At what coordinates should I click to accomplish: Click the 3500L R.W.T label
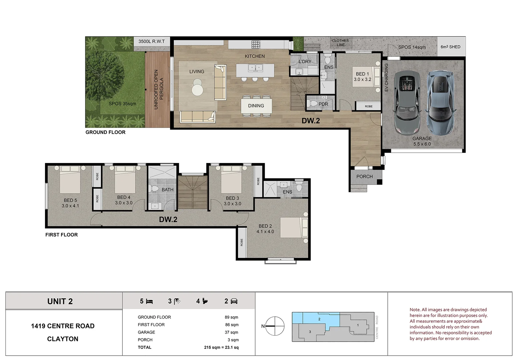pyautogui.click(x=151, y=41)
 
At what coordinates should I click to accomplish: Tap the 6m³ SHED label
pyautogui.click(x=451, y=47)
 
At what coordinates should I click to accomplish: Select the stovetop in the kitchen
pyautogui.click(x=256, y=44)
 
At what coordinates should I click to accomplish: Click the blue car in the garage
pyautogui.click(x=440, y=103)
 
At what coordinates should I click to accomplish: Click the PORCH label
pyautogui.click(x=365, y=177)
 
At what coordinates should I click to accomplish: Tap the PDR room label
pyautogui.click(x=323, y=104)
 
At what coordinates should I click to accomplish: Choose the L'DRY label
pyautogui.click(x=305, y=61)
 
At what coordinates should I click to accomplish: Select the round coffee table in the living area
pyautogui.click(x=197, y=90)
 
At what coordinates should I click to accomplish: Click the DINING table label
pyautogui.click(x=256, y=106)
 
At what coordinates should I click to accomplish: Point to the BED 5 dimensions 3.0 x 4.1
pyautogui.click(x=70, y=206)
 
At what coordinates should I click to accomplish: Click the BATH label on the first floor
pyautogui.click(x=167, y=190)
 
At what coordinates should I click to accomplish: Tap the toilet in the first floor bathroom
pyautogui.click(x=153, y=188)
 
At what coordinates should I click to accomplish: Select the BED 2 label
pyautogui.click(x=265, y=226)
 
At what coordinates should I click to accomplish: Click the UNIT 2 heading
pyautogui.click(x=60, y=301)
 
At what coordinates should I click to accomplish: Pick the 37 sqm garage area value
pyautogui.click(x=231, y=332)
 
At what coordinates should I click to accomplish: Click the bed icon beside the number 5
pyautogui.click(x=149, y=301)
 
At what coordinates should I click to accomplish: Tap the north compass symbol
pyautogui.click(x=275, y=326)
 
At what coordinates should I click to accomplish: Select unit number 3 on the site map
pyautogui.click(x=310, y=332)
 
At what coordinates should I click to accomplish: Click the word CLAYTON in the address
pyautogui.click(x=63, y=339)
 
